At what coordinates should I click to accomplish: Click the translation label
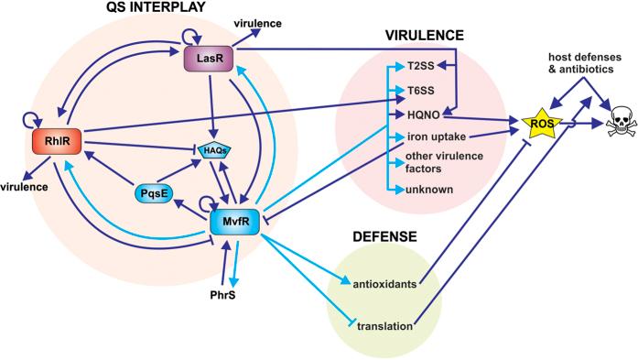click(382, 327)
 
